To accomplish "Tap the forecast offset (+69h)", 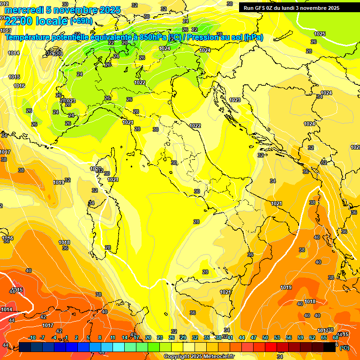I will pyautogui.click(x=81, y=22).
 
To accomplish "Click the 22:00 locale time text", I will pyautogui.click(x=36, y=22).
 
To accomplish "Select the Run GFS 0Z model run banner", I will pyautogui.click(x=291, y=8).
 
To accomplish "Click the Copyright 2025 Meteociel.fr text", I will pyautogui.click(x=199, y=356).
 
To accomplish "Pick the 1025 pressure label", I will pyautogui.click(x=320, y=34).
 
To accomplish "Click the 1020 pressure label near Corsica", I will pyautogui.click(x=96, y=169).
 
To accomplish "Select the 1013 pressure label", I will pyautogui.click(x=6, y=30).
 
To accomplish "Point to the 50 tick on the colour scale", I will pyautogui.click(x=265, y=337).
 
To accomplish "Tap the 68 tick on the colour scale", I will pyautogui.click(x=336, y=337).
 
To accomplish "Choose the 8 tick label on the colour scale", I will pyautogui.click(x=100, y=337).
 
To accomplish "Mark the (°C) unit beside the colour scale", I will pyautogui.click(x=344, y=347).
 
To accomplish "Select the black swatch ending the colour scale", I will pyautogui.click(x=330, y=347).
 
